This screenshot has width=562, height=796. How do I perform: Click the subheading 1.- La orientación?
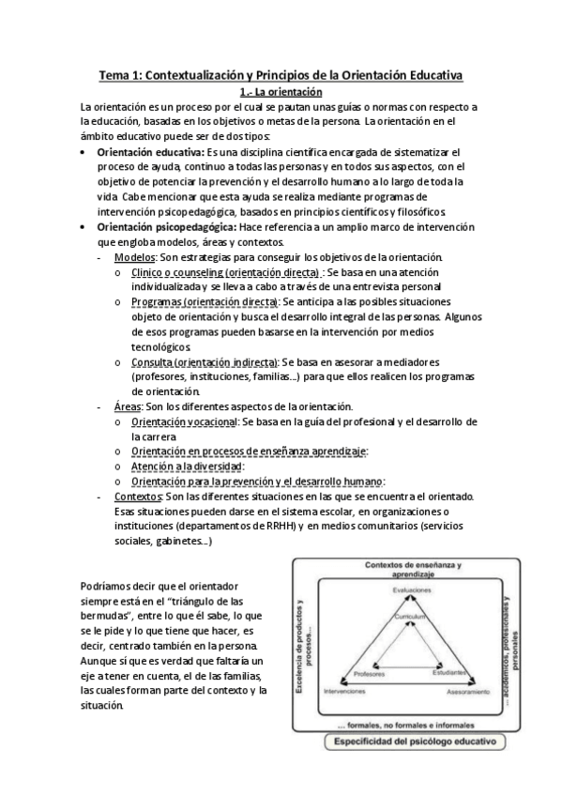point(281,92)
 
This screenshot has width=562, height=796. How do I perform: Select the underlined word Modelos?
point(135,256)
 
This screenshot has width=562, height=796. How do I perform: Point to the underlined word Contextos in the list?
point(137,496)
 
